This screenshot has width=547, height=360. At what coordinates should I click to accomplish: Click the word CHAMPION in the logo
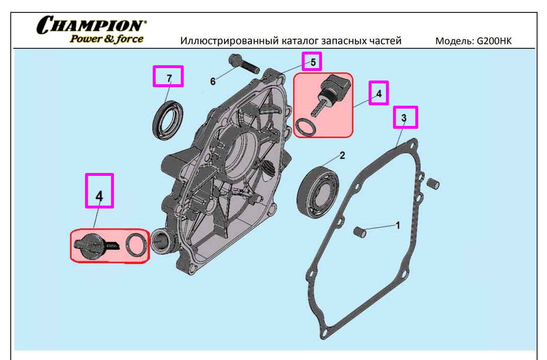(x=92, y=25)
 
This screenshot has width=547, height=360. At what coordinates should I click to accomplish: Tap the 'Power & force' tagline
(x=107, y=39)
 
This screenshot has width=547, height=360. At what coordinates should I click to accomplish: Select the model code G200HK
(x=494, y=41)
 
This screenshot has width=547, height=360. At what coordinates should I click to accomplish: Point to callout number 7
(x=169, y=78)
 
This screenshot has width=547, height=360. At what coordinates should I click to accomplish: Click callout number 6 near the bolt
(x=213, y=81)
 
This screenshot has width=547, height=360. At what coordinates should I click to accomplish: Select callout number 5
(x=313, y=62)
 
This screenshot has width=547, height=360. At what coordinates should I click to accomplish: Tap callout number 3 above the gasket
(x=404, y=118)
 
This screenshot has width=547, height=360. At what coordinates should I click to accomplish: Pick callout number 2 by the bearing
(x=342, y=155)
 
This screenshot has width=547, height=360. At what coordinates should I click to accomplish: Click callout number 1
(x=398, y=225)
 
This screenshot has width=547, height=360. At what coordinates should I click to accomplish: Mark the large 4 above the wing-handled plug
(x=99, y=196)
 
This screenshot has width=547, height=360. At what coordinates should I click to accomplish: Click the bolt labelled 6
(x=244, y=64)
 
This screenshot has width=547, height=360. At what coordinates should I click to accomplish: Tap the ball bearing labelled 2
(x=317, y=192)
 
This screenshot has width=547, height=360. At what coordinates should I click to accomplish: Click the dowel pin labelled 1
(x=360, y=232)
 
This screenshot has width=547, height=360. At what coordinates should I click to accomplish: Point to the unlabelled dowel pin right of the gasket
(x=433, y=184)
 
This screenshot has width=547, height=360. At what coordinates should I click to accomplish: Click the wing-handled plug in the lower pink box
(x=96, y=246)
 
